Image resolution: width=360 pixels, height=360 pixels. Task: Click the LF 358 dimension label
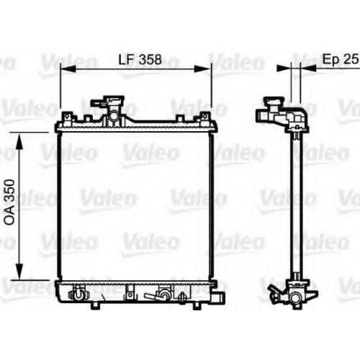point(140,60)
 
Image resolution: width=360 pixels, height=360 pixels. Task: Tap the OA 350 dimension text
point(10,202)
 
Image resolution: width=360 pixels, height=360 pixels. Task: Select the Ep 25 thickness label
point(341,59)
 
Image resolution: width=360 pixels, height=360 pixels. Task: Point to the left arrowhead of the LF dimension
point(68,68)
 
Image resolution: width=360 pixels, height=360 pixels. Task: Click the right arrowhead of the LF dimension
point(203,68)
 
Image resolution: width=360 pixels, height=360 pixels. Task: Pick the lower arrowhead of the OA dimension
point(19,271)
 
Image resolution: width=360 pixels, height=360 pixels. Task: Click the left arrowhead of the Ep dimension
point(284,68)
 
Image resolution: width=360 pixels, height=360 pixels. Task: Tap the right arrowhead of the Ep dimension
point(308,68)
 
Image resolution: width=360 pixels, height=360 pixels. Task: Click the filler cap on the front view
point(108,102)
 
